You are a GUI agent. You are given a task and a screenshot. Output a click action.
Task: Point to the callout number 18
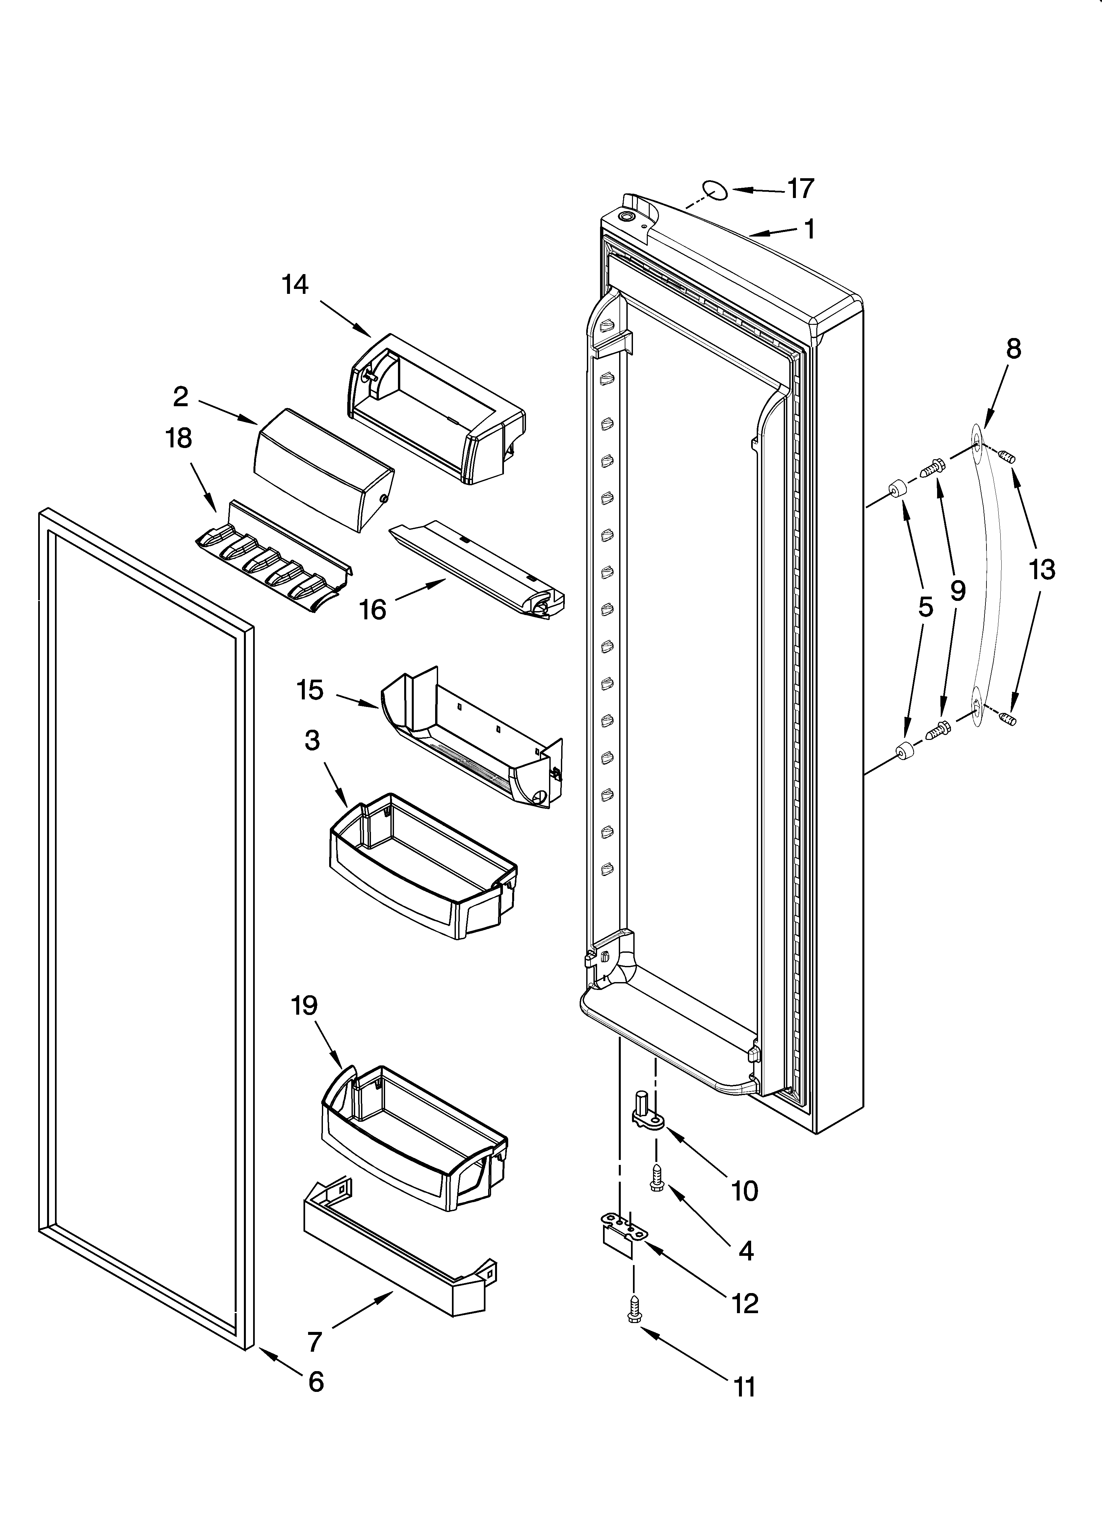coord(178,438)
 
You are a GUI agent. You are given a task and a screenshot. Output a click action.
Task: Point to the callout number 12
coord(745,1303)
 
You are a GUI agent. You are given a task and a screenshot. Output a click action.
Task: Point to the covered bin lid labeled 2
coord(322,470)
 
